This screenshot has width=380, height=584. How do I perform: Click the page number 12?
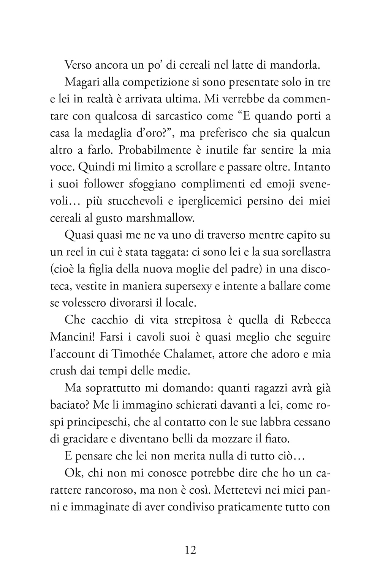click(190, 550)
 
